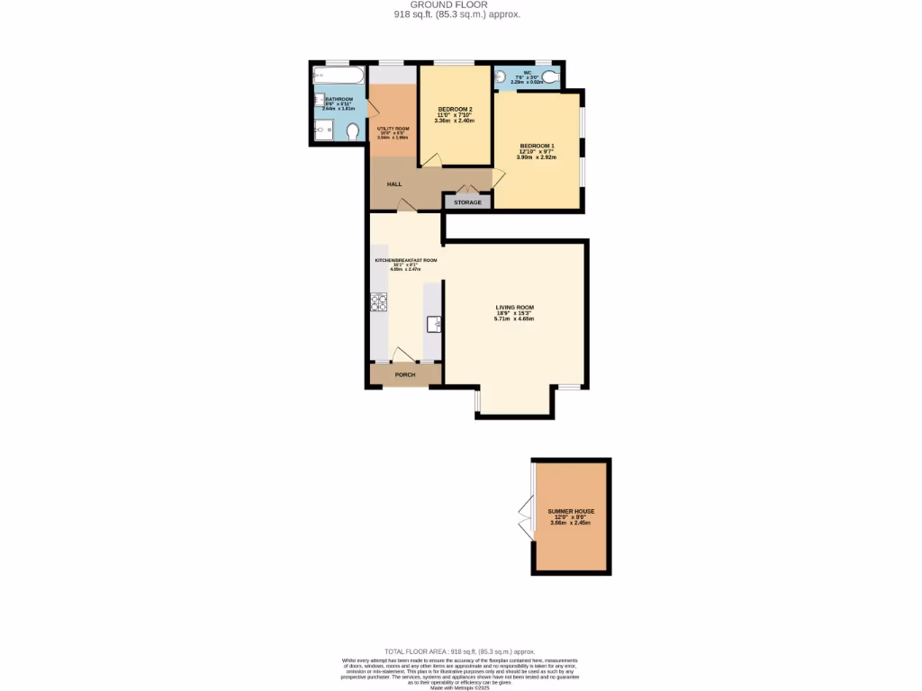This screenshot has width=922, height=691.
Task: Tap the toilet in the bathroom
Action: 352,131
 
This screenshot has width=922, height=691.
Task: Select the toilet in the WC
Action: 550,79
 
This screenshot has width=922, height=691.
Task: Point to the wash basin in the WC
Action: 501,78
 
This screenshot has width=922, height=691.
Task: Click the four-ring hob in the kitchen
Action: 378,303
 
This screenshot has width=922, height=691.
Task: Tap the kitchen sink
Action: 433,324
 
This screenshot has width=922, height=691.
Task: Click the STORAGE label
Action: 467,202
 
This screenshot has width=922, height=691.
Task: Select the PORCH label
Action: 405,374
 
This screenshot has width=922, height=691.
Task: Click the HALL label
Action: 394,184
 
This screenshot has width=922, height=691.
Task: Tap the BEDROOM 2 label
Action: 455,109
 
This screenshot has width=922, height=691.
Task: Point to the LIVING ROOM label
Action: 514,308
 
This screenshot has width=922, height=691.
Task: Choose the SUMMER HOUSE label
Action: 571,511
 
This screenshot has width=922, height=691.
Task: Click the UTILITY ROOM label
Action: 393,129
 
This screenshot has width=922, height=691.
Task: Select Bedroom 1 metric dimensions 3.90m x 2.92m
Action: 536,157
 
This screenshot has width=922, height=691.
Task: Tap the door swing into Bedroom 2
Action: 433,160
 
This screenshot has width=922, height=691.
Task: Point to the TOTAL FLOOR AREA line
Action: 459,651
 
